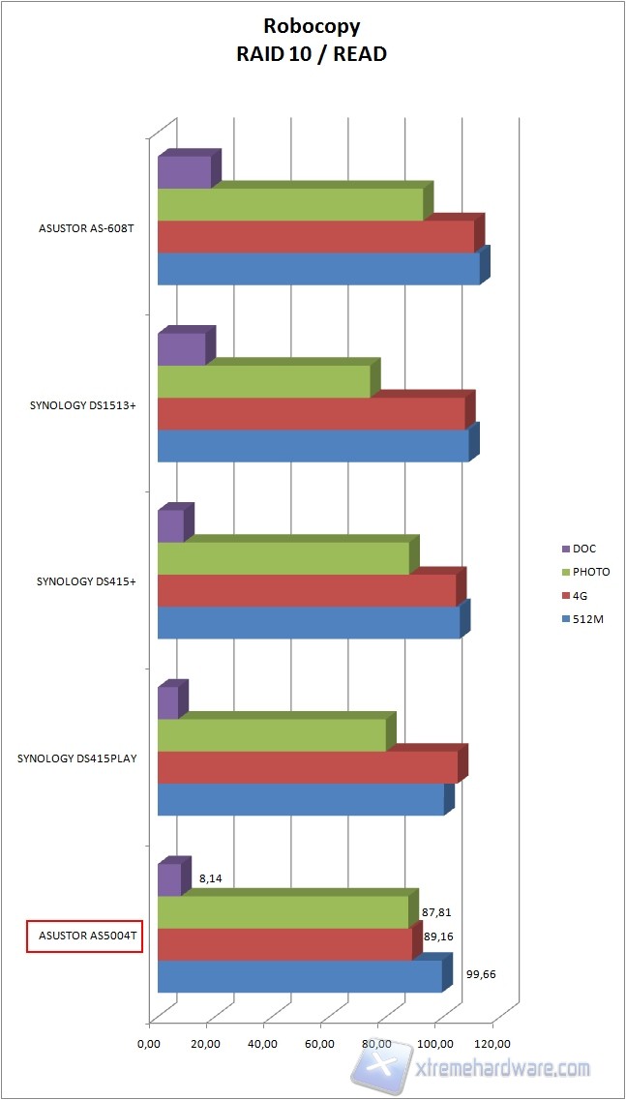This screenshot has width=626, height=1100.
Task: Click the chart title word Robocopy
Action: coord(312,28)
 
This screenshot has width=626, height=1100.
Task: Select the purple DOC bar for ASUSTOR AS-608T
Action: coord(184,172)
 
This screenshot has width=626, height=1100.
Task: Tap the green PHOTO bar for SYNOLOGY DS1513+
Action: coord(263,381)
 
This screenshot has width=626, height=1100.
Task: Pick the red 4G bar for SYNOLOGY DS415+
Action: coord(306,590)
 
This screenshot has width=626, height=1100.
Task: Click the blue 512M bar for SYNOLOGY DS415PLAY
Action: coord(300,799)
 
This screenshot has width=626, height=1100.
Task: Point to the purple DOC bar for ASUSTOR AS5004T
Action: coord(169,879)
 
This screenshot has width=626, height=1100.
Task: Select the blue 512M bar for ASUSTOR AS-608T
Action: coord(318,269)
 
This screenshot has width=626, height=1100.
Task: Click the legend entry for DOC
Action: coord(584,549)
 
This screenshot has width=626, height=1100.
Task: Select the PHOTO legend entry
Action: coord(590,572)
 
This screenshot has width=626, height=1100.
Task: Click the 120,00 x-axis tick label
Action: coord(492,1044)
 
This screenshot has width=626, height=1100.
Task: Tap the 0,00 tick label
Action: coord(149,1044)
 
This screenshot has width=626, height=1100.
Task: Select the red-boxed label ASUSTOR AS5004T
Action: coord(84,936)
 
